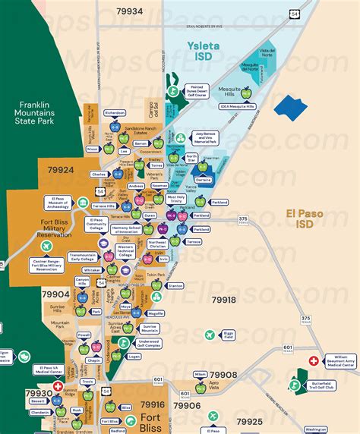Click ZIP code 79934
[x=129, y=11]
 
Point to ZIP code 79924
[x=59, y=169]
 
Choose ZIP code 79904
[x=55, y=294]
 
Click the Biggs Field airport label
[x=228, y=334]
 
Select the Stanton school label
[x=175, y=286]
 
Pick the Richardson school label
[x=115, y=112]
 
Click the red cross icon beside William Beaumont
[x=313, y=362]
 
